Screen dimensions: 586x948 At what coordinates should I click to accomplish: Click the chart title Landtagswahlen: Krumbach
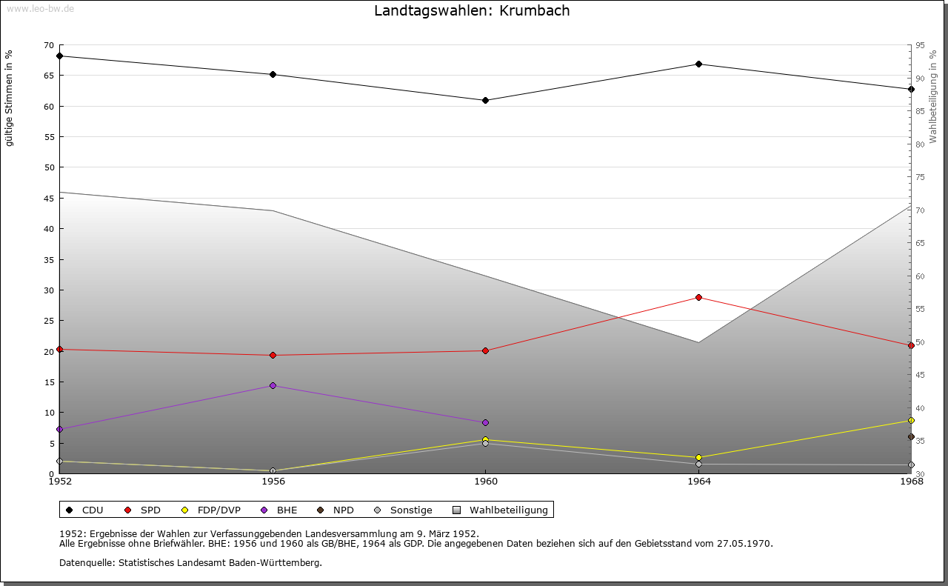tap(472, 11)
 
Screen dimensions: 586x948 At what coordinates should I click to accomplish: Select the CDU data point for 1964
tap(698, 64)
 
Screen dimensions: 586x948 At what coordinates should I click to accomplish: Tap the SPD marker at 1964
tap(698, 297)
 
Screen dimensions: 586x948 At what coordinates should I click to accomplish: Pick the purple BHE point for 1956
tap(273, 385)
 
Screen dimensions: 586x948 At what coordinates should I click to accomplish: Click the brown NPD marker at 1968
tap(911, 436)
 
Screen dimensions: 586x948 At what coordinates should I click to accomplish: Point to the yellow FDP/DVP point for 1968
tap(911, 420)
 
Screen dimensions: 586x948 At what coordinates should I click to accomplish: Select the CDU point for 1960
tap(485, 100)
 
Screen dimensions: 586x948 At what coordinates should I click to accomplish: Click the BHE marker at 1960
tap(485, 422)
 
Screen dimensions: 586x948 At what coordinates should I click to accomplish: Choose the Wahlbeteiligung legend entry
tap(501, 510)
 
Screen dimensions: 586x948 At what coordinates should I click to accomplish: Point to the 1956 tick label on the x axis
tap(273, 482)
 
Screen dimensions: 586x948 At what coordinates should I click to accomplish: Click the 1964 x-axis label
tap(698, 482)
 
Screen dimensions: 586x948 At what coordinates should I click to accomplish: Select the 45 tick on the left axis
tap(50, 199)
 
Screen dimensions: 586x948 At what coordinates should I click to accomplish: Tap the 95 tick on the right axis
tap(920, 45)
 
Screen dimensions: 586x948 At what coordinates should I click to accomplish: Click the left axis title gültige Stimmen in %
tap(10, 98)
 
